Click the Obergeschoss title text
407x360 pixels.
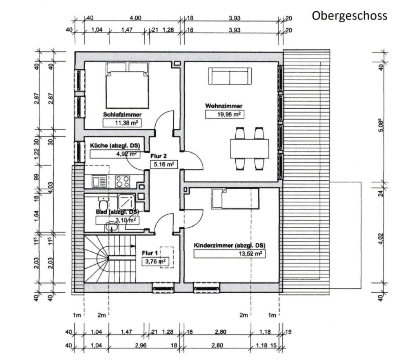point(349,16)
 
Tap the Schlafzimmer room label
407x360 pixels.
point(122,114)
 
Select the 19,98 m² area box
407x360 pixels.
point(225,114)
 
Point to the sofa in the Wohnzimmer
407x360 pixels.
point(230,76)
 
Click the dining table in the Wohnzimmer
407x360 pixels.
point(249,148)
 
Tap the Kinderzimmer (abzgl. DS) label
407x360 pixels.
point(229,245)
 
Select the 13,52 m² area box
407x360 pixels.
point(229,254)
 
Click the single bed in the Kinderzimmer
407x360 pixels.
point(235,198)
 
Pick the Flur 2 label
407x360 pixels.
point(159,156)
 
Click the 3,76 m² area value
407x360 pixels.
point(154,262)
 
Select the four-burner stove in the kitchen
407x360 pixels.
point(123,182)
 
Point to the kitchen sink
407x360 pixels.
point(98,182)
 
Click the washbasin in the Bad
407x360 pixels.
point(110,227)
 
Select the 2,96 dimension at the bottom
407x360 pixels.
point(140,346)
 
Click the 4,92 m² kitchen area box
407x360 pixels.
point(115,153)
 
